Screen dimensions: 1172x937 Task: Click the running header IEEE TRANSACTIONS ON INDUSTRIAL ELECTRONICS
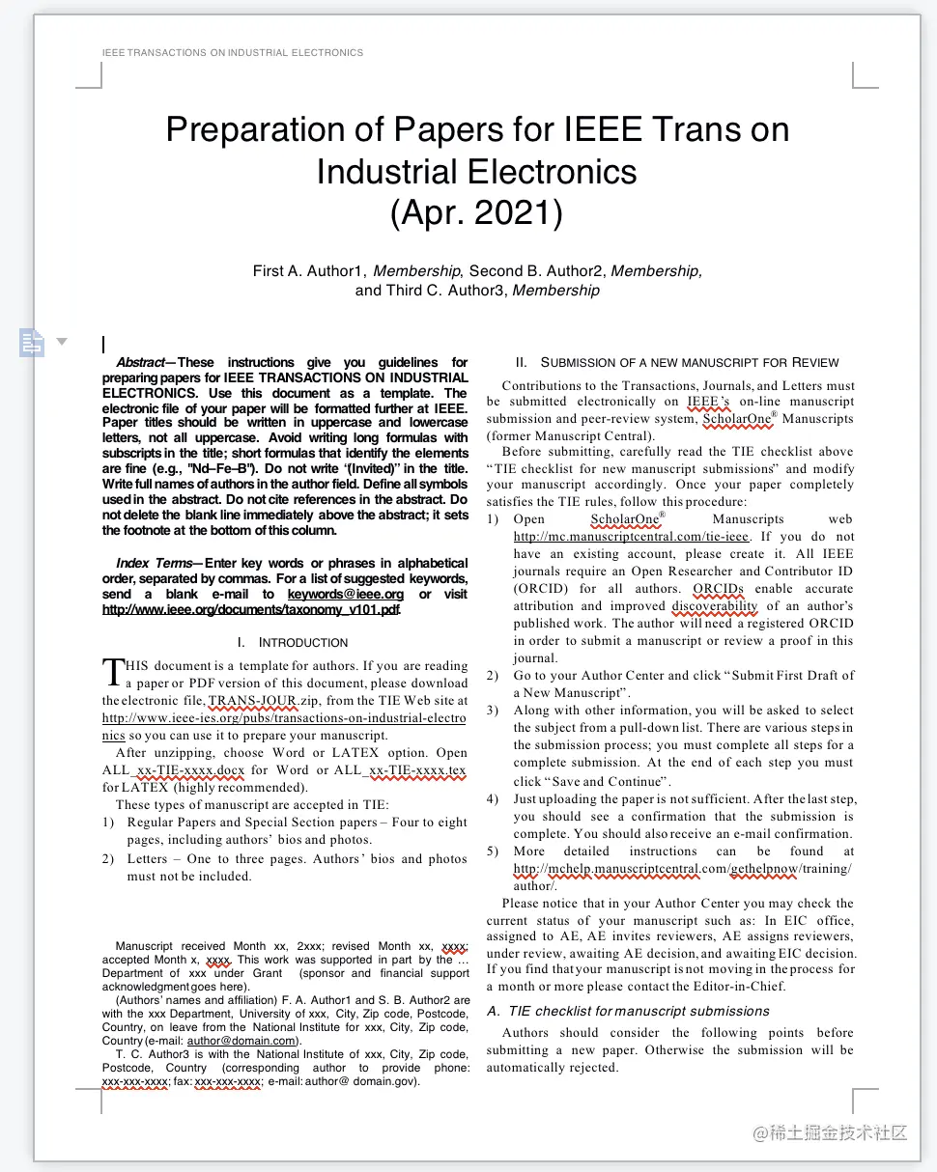click(232, 52)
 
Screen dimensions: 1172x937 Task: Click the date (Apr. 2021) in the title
click(476, 212)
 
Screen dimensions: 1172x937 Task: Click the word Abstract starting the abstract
click(140, 363)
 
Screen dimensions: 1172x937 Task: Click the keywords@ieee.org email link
click(346, 595)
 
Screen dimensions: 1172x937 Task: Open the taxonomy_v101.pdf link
click(250, 610)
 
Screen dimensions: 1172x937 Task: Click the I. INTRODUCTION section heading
click(292, 643)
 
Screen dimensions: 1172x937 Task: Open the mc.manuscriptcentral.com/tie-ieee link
click(631, 537)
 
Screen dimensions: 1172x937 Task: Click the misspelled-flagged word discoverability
click(715, 606)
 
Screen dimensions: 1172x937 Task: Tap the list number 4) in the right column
click(493, 799)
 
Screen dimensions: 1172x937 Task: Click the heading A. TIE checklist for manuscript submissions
click(628, 1011)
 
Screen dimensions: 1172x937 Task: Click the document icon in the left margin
click(32, 341)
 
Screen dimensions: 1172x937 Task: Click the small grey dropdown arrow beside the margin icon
click(62, 341)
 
